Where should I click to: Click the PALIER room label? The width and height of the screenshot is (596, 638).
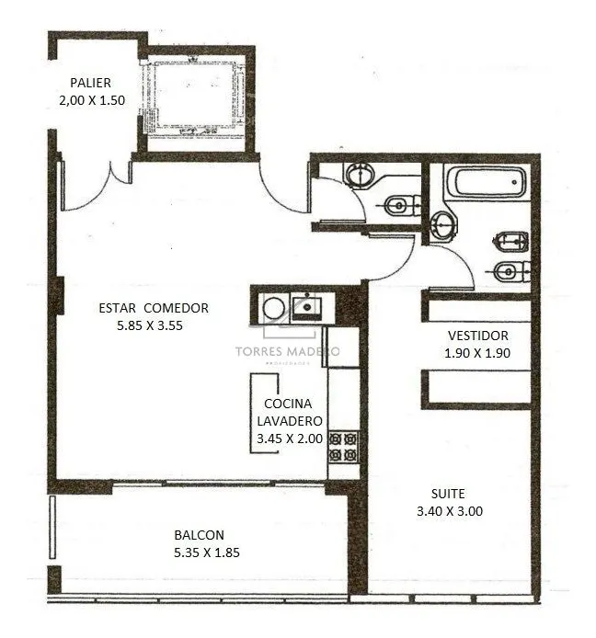90,83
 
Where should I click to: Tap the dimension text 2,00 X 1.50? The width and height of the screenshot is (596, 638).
92,100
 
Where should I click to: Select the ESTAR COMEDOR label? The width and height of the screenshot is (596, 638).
154,308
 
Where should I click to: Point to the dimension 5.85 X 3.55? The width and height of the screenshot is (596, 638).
150,325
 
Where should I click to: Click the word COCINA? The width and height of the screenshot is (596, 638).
288,404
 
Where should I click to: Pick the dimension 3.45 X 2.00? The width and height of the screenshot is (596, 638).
290,439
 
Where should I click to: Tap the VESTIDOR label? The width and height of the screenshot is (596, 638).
478,336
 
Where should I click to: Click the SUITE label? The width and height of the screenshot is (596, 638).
448,494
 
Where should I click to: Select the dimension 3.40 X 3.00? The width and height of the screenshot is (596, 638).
450,511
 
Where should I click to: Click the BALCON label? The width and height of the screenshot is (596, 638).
199,535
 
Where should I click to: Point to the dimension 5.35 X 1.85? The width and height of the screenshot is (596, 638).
207,553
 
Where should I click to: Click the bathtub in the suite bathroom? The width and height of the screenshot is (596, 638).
487,182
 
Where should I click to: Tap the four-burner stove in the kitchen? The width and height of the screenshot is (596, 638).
344,447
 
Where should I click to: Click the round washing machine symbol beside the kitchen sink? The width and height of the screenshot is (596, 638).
273,308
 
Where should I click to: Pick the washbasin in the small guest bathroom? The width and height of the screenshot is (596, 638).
360,176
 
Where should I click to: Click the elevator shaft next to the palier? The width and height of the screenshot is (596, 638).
195,98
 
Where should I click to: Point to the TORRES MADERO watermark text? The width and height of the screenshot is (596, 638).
287,351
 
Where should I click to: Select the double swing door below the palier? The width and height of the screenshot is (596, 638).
97,188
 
